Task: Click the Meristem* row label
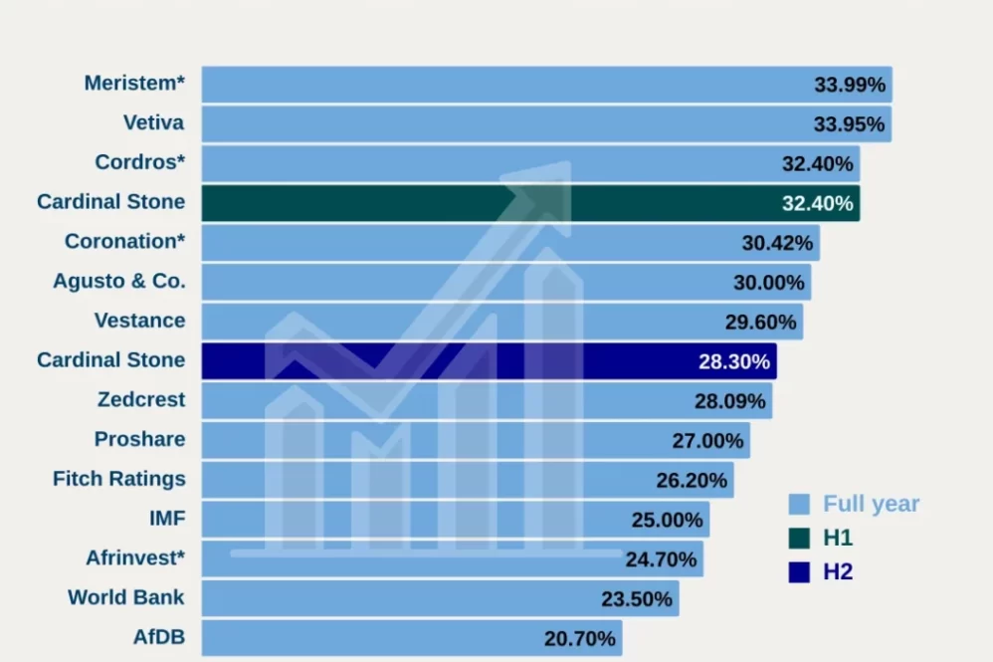point(134,84)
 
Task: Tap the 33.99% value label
point(850,85)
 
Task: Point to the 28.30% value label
point(734,361)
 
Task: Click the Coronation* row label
point(124,242)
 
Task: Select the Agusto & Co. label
point(119,282)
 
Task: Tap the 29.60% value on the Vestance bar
point(761,322)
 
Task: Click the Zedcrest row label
point(141,400)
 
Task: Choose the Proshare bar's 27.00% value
point(707,440)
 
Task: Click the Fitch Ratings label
point(119,479)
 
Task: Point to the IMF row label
point(166,519)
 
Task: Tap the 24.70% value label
point(661,559)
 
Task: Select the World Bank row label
point(126,598)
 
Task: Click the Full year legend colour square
point(798,504)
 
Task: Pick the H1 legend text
point(838,539)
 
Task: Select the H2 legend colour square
point(798,572)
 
